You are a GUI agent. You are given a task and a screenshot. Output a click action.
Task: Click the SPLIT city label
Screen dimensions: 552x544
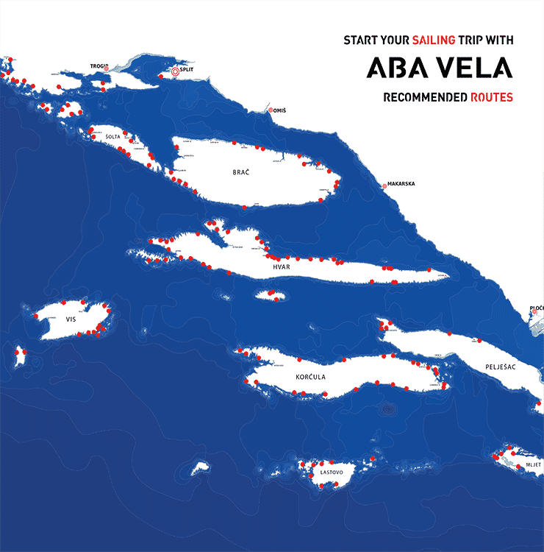click(187, 71)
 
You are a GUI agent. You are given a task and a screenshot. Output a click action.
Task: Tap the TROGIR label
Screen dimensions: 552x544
click(99, 66)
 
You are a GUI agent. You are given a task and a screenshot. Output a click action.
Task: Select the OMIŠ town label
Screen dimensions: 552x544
click(279, 110)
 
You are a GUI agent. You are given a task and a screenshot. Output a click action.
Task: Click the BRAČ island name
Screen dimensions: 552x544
click(241, 171)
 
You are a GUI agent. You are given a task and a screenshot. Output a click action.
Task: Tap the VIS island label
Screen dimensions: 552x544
click(71, 319)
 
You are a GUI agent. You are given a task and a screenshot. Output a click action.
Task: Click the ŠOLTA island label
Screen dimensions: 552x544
click(112, 137)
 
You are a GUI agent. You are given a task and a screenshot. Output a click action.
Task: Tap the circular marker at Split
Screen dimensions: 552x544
click(175, 71)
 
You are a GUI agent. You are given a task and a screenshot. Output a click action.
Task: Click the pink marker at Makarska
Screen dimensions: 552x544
click(384, 185)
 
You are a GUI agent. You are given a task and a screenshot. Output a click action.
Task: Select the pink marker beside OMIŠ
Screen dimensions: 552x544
click(271, 110)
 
